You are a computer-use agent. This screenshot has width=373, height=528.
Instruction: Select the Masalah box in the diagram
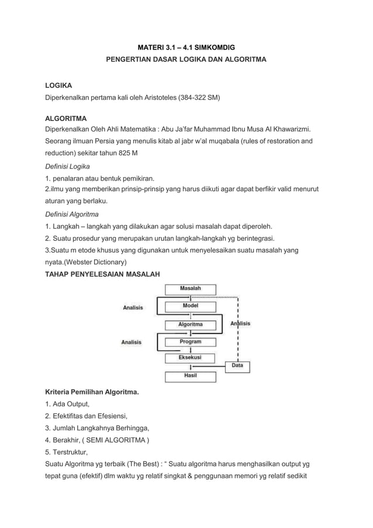point(190,289)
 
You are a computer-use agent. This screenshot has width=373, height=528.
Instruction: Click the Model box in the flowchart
point(190,306)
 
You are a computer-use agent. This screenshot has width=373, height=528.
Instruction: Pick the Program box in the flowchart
point(190,341)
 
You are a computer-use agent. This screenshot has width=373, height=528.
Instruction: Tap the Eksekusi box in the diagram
point(190,357)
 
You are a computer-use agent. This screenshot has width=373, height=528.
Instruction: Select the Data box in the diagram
point(237,365)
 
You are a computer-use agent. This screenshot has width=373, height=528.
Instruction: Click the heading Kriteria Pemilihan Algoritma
point(92,391)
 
